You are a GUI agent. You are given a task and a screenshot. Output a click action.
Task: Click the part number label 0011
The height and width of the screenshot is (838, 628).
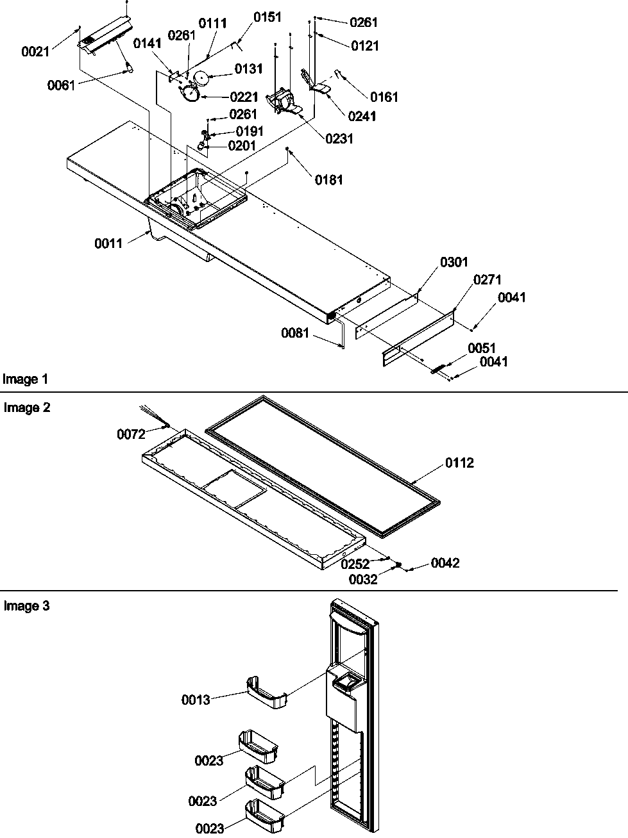[x=108, y=243]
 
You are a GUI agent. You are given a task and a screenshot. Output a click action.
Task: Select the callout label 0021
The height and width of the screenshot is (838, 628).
[x=35, y=52]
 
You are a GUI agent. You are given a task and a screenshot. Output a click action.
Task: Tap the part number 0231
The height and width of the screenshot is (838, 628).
[x=339, y=138]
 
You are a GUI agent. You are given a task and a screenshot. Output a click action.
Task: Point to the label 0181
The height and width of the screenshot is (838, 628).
[x=328, y=180]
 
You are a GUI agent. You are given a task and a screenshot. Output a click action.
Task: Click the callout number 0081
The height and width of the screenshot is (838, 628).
[x=295, y=333]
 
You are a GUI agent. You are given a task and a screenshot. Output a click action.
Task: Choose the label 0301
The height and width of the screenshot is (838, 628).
[x=454, y=262]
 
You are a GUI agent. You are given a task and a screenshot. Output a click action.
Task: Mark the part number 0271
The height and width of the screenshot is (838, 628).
[x=488, y=279]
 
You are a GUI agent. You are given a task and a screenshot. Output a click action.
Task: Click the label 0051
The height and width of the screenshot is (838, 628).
[x=482, y=348]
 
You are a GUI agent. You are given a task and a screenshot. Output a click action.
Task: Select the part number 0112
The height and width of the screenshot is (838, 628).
[x=459, y=463]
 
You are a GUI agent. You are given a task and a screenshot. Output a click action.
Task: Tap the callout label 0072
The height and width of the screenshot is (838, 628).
[x=131, y=434]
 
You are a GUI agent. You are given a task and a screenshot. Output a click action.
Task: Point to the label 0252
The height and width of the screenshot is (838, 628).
[x=355, y=564]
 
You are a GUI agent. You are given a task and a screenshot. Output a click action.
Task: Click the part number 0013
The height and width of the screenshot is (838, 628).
[x=196, y=700]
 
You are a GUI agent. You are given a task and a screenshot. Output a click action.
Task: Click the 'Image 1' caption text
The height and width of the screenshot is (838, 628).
[x=26, y=379]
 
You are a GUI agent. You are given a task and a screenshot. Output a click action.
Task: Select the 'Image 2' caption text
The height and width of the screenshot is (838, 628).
[x=27, y=407]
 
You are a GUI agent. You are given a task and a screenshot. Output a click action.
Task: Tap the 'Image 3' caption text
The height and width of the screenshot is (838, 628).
[x=27, y=605]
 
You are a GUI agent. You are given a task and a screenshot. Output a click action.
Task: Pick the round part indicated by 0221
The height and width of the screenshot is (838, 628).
[x=190, y=95]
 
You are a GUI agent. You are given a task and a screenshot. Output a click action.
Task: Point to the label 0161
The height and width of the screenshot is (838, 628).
[x=384, y=97]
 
